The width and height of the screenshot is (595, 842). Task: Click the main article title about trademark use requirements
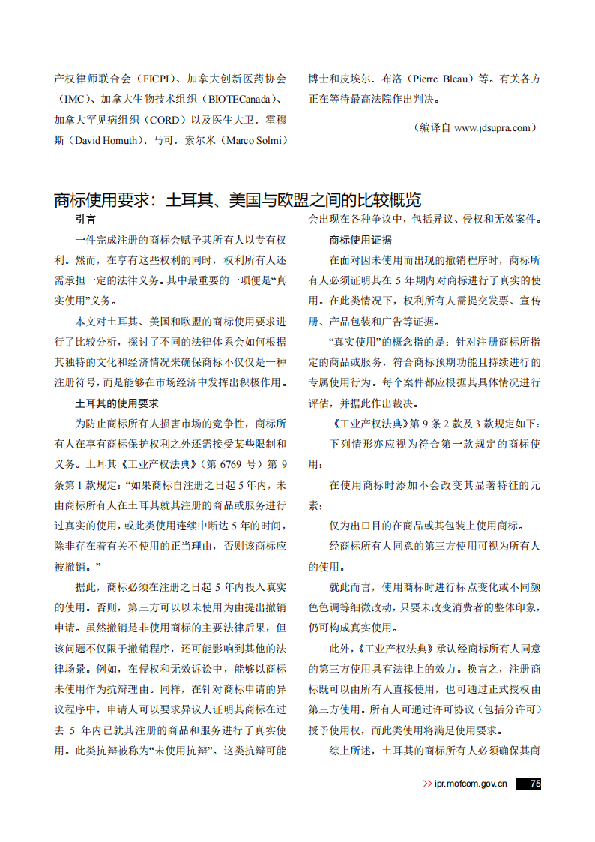point(238,200)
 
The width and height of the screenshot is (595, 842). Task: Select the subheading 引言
point(85,220)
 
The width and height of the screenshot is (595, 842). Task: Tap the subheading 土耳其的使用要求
point(117,403)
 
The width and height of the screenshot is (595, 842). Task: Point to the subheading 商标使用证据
point(360,241)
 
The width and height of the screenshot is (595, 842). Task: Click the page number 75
point(534,784)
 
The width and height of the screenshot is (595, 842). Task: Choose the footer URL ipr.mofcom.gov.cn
point(471,784)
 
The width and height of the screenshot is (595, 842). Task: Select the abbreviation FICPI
point(157,78)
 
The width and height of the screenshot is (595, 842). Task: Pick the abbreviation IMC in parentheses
point(73,99)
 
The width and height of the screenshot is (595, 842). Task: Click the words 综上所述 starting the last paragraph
point(350,750)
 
